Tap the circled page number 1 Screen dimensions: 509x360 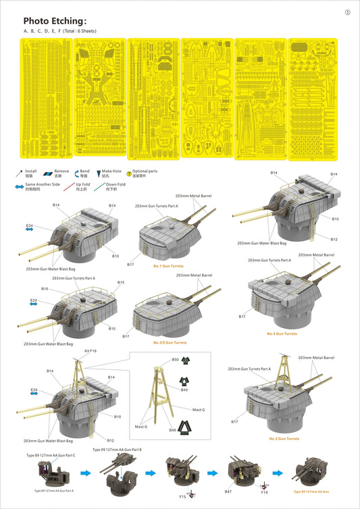click(x=347, y=12)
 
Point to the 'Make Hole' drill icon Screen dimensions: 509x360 click(x=99, y=173)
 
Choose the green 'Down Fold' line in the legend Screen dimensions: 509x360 click(x=97, y=186)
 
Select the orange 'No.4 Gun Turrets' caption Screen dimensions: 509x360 click(x=282, y=334)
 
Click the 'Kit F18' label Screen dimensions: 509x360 click(x=89, y=351)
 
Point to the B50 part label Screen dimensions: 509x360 click(x=175, y=360)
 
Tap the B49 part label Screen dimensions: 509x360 click(x=184, y=390)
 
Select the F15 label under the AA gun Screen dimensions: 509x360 click(x=183, y=497)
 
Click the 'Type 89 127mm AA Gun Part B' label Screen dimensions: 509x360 click(x=116, y=449)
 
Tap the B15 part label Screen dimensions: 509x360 click(x=120, y=282)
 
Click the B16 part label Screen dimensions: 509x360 click(x=44, y=288)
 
